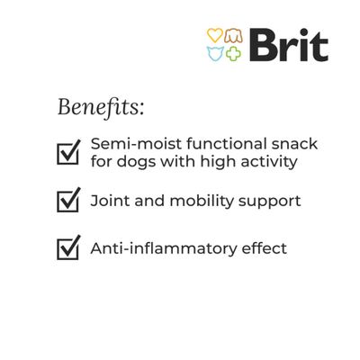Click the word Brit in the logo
pyautogui.click(x=288, y=44)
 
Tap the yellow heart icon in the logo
pyautogui.click(x=215, y=36)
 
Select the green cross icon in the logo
pyautogui.click(x=233, y=53)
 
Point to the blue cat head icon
pyautogui.click(x=215, y=53)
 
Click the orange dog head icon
pyautogui.click(x=233, y=36)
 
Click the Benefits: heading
pyautogui.click(x=101, y=107)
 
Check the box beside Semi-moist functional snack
pyautogui.click(x=69, y=152)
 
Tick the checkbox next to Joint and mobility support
pyautogui.click(x=69, y=200)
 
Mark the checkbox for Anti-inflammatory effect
pyautogui.click(x=69, y=247)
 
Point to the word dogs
pyautogui.click(x=139, y=163)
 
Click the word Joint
pyautogui.click(x=110, y=200)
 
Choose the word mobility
pyautogui.click(x=198, y=200)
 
